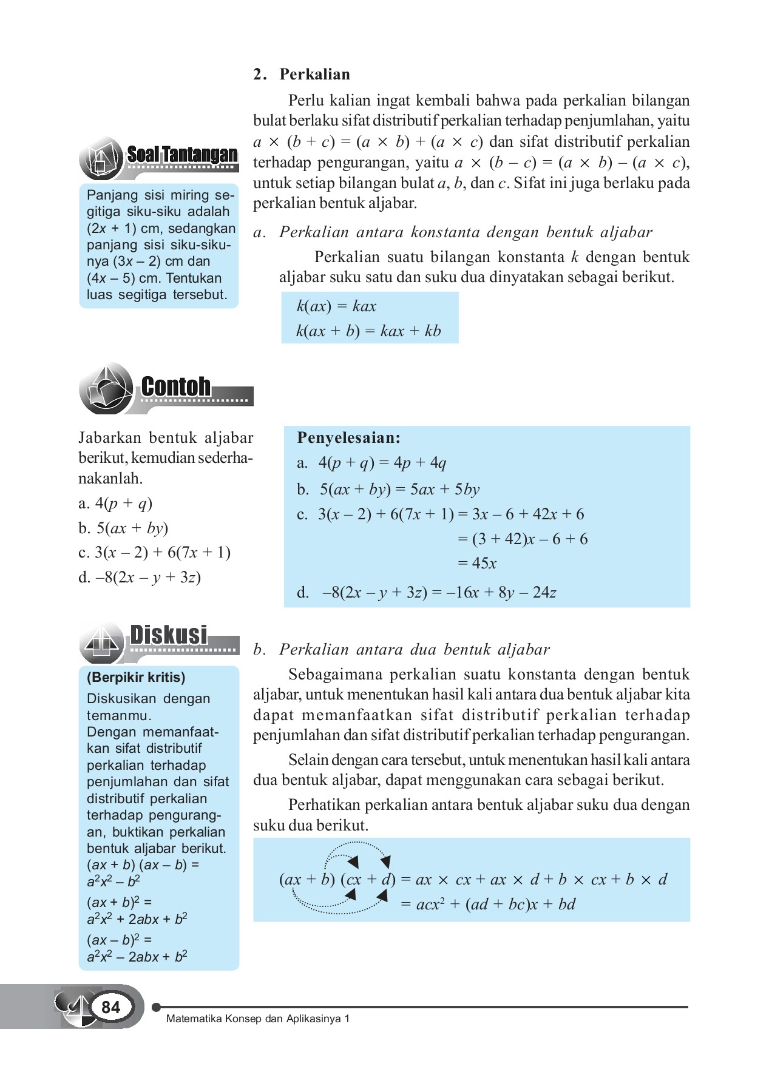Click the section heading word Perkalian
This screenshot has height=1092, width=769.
[x=314, y=74]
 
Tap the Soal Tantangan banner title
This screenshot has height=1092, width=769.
[x=182, y=155]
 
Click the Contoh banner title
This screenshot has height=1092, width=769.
[x=176, y=386]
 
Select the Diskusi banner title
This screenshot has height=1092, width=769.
[x=169, y=635]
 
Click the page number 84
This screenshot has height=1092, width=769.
[x=110, y=1008]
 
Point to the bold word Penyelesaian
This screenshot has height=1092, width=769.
[x=348, y=437]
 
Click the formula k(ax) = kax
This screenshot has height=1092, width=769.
[x=336, y=306]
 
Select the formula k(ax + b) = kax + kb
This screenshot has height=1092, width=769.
[x=368, y=331]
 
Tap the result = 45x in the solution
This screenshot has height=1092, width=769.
[x=477, y=564]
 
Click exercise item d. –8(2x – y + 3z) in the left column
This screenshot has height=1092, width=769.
[x=140, y=577]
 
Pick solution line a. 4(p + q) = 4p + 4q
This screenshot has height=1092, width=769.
[x=371, y=463]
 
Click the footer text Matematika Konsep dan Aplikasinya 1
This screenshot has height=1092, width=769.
[x=258, y=1019]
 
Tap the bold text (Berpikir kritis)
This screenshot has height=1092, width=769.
[x=136, y=677]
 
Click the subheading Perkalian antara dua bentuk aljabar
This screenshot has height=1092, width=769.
[x=414, y=649]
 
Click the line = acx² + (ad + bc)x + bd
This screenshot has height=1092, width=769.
[x=488, y=904]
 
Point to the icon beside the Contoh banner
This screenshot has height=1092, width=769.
[x=106, y=388]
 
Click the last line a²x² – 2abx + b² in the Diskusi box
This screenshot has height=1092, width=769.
[x=137, y=957]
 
